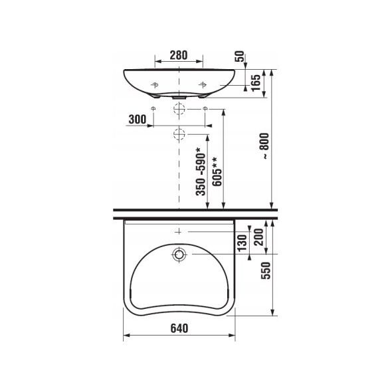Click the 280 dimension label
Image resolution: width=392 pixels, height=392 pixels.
tap(179, 55)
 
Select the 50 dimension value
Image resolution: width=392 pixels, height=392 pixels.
tap(239, 56)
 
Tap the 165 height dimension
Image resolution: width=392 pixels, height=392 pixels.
tap(256, 83)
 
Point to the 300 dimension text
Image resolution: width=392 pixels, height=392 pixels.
tap(138, 119)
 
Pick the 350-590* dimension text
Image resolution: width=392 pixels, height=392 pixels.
tap(201, 171)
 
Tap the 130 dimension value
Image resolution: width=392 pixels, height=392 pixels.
tap(242, 243)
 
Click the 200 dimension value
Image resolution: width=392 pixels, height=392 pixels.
tap(259, 237)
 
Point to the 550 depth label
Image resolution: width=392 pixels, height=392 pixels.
tap(266, 270)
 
